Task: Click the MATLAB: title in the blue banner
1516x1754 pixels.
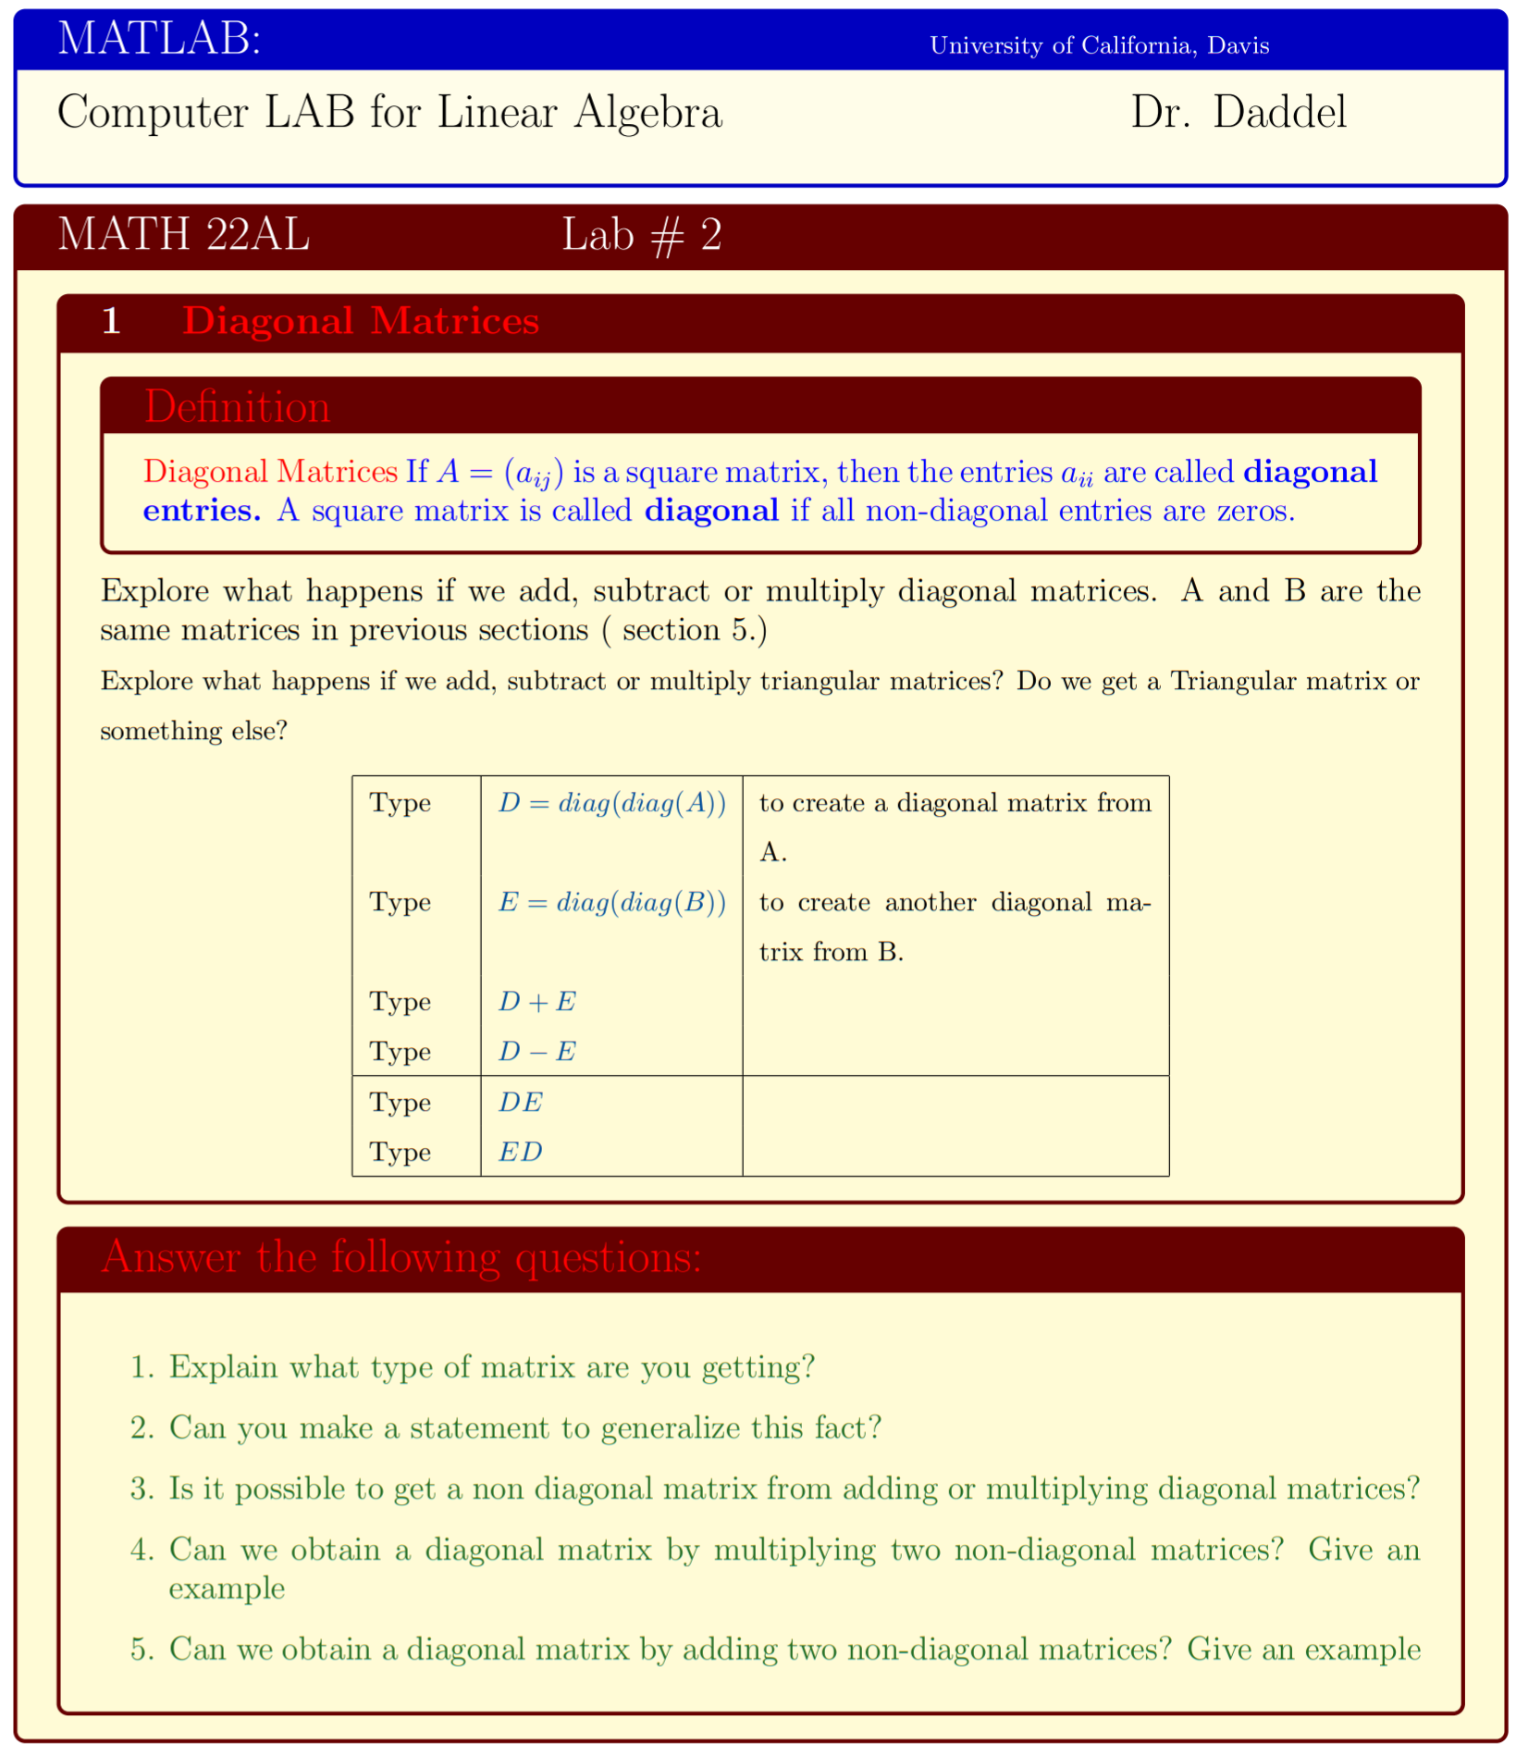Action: (159, 40)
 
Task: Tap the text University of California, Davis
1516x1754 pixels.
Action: (1098, 45)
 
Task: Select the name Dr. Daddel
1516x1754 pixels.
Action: (1238, 113)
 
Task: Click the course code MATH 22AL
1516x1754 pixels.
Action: (183, 235)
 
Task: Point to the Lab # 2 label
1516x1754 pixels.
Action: (641, 235)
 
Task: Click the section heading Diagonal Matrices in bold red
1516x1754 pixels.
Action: (361, 321)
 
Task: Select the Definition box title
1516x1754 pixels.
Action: (237, 407)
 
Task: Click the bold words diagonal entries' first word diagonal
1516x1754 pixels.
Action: (1309, 472)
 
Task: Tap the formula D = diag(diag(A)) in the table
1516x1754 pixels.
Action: (611, 802)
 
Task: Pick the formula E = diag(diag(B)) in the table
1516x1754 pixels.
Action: (611, 902)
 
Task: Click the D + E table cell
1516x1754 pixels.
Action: (536, 1002)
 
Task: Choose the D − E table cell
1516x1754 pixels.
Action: (536, 1052)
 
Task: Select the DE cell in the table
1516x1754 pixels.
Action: (520, 1103)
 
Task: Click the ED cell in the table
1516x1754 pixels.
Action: (520, 1153)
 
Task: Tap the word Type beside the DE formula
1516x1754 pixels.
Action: (400, 1103)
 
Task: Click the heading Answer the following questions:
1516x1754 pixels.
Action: (401, 1257)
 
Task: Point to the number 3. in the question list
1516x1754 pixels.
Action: (142, 1488)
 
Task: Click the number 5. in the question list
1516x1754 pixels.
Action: (142, 1649)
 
